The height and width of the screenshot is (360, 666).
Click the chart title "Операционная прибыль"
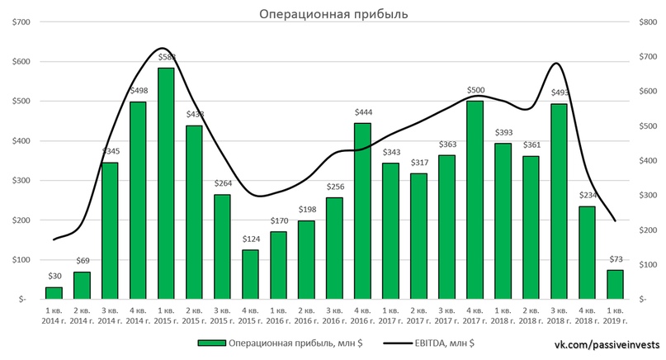[x=333, y=14]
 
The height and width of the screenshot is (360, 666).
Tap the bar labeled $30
[x=54, y=292]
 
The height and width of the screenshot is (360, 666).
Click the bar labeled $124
[x=250, y=274]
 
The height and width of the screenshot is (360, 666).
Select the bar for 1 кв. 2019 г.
[x=615, y=284]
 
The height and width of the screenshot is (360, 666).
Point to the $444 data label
[x=362, y=112]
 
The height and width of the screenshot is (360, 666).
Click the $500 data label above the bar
[x=475, y=90]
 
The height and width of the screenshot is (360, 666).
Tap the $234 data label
[x=587, y=196]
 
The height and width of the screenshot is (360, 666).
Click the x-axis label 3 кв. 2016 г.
[x=334, y=315]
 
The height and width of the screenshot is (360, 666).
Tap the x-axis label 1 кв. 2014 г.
[x=54, y=315]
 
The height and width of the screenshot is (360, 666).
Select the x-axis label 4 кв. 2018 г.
[x=587, y=315]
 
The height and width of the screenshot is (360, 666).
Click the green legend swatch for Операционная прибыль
[x=213, y=342]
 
